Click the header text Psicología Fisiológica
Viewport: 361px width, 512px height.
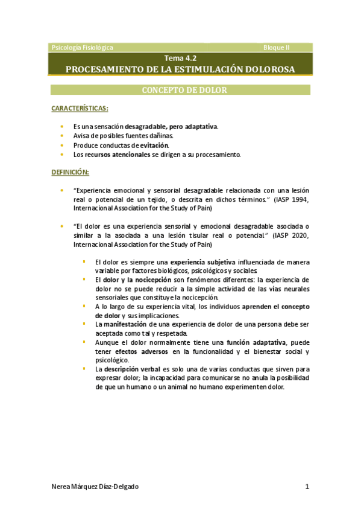[83, 47]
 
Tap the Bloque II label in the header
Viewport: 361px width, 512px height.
[277, 47]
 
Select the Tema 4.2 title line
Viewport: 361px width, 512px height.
[180, 58]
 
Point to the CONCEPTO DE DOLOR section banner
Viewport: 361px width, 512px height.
[180, 91]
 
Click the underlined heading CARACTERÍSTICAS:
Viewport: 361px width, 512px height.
[80, 108]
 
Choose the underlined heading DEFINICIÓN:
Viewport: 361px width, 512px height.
[70, 172]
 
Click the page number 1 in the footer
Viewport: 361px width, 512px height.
[307, 487]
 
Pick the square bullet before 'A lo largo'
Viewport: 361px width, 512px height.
[84, 306]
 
